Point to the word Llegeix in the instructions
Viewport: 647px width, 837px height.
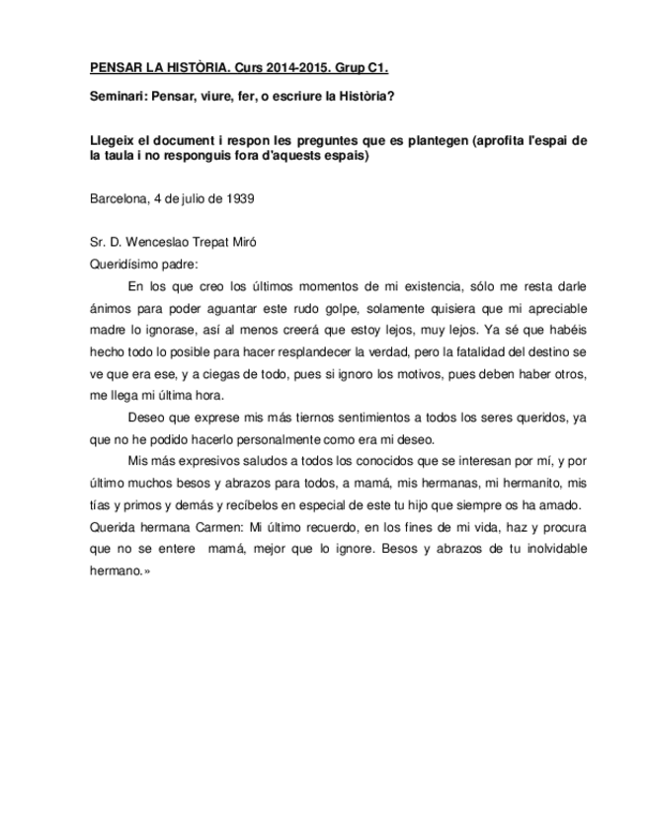pos(112,140)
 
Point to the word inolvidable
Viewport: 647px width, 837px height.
pos(546,549)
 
